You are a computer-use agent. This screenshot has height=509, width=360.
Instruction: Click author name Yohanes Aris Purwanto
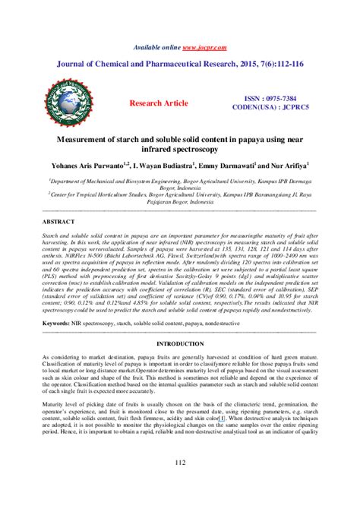(86, 166)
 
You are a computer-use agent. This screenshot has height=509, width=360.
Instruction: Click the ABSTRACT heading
(57, 222)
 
